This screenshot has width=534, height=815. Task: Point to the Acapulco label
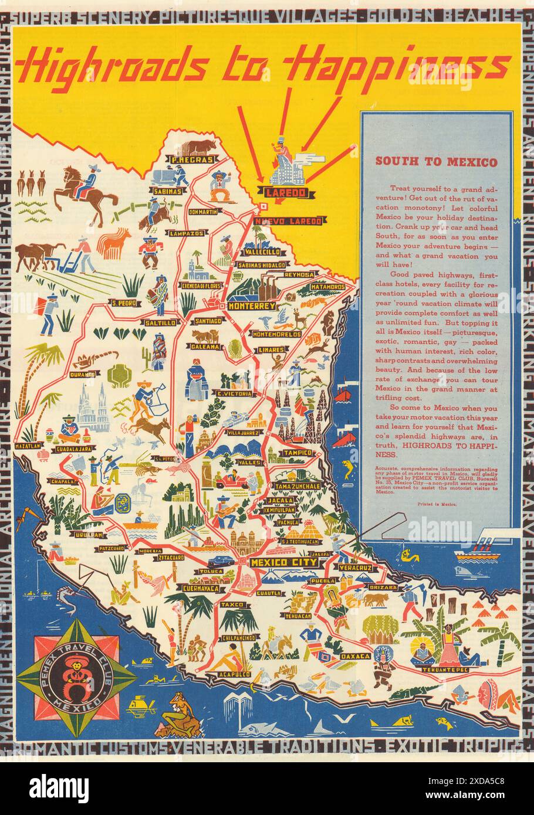[235, 674]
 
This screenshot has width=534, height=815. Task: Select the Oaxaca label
[356, 656]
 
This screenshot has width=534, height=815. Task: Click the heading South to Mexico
[436, 162]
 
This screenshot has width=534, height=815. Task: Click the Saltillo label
[160, 322]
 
